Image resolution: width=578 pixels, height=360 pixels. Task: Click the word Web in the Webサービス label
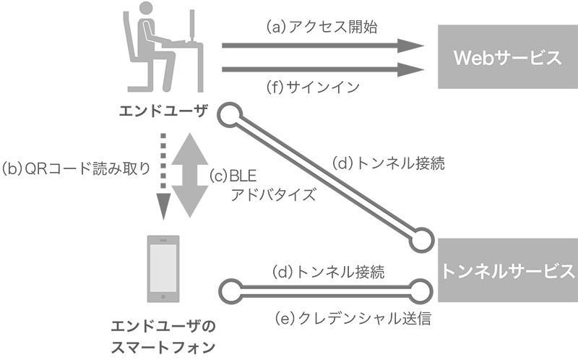pyautogui.click(x=470, y=59)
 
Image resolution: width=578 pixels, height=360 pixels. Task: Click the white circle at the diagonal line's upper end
pyautogui.click(x=230, y=115)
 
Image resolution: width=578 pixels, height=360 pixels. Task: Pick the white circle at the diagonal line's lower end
pyautogui.click(x=420, y=240)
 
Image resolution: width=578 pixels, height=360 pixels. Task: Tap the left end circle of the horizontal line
pyautogui.click(x=230, y=292)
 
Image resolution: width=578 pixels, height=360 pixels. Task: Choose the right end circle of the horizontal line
pyautogui.click(x=420, y=292)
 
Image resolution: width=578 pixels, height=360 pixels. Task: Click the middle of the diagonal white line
pyautogui.click(x=325, y=177)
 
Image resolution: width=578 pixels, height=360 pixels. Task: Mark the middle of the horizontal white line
pyautogui.click(x=325, y=292)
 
